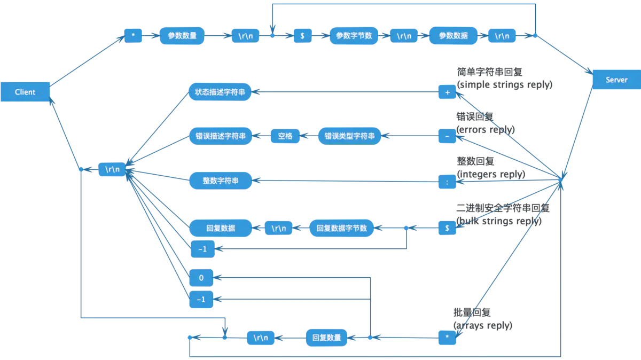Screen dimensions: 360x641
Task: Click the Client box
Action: (x=25, y=92)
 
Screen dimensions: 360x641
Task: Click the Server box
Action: (x=616, y=80)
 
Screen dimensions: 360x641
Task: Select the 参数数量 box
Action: (x=182, y=36)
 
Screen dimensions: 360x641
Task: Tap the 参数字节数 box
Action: (x=354, y=36)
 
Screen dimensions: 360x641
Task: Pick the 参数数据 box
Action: (x=453, y=36)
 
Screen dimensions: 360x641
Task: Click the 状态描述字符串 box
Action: (x=220, y=91)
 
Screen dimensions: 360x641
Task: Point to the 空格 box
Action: (x=285, y=136)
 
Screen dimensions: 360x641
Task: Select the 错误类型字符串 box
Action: (x=349, y=136)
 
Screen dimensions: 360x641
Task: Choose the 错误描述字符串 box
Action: (x=220, y=136)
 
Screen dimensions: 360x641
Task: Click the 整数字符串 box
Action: (x=220, y=181)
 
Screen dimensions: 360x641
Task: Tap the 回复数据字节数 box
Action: (x=341, y=228)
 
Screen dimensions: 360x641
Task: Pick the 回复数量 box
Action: (x=326, y=338)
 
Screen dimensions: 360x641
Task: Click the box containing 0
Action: (x=201, y=278)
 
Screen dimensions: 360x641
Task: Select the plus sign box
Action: (x=447, y=92)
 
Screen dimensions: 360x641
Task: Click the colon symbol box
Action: (x=447, y=182)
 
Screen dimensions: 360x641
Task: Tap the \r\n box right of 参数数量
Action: (x=246, y=36)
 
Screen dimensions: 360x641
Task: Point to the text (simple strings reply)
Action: (x=504, y=85)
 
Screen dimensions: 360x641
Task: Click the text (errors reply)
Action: (x=486, y=130)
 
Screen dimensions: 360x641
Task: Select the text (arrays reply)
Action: (x=482, y=325)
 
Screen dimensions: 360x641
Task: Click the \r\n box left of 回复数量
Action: (x=261, y=338)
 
